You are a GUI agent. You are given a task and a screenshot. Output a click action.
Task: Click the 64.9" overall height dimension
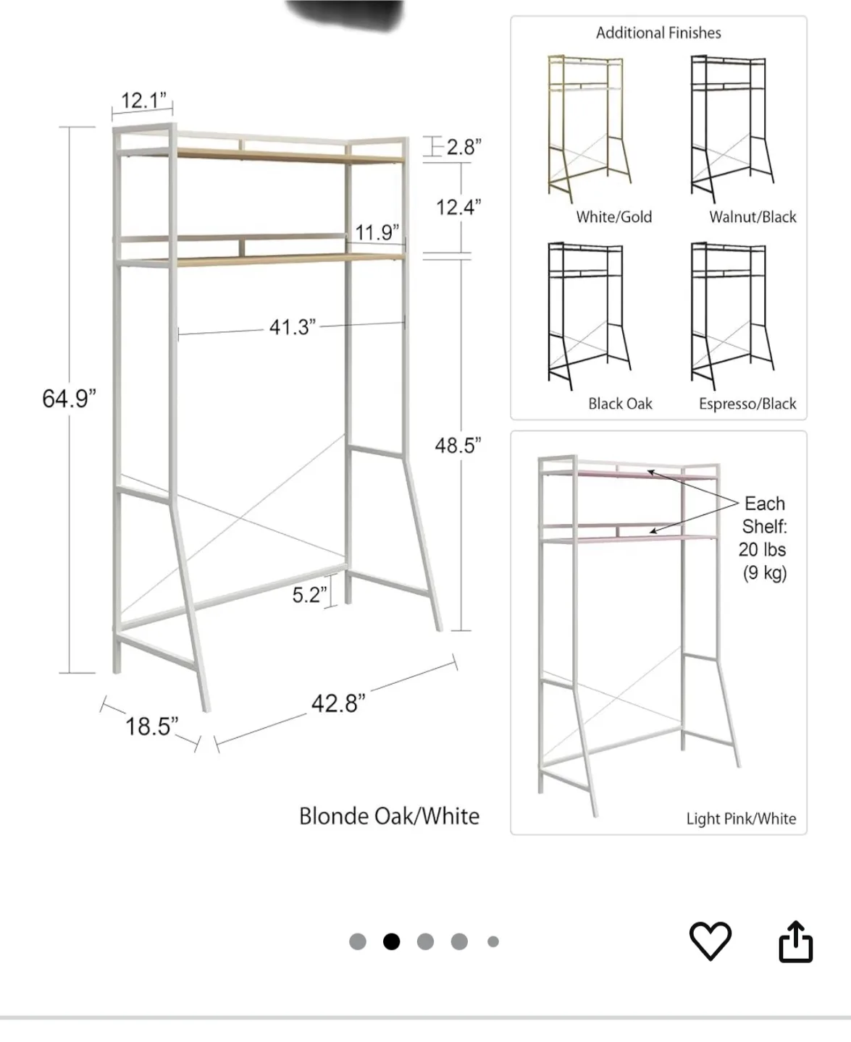69,398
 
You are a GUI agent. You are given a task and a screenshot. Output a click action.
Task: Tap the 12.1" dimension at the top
143,100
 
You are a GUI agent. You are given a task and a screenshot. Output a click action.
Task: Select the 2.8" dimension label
464,147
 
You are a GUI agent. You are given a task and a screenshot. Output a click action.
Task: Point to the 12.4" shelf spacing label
458,208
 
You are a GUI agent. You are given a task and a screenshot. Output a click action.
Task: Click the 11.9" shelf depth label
377,232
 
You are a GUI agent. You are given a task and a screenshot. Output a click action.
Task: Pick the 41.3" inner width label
292,327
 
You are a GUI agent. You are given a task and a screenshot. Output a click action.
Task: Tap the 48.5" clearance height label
458,446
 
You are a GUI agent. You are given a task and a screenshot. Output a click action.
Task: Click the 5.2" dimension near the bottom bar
309,595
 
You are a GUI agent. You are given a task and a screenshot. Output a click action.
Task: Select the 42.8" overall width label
338,703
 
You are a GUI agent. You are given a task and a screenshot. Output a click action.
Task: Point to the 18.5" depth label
151,726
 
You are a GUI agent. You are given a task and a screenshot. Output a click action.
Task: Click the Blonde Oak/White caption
389,816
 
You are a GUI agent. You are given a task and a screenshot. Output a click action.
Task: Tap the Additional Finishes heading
658,33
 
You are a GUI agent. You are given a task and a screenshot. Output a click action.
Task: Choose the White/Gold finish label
613,217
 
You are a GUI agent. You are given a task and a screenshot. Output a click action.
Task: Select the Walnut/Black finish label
753,217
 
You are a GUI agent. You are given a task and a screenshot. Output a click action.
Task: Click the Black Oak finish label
620,404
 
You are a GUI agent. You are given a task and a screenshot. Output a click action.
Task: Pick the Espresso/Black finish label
747,404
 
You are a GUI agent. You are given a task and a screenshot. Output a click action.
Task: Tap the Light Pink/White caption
741,818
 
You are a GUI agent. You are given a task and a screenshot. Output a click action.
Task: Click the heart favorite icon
710,941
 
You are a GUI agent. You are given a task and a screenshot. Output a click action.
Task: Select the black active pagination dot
391,941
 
